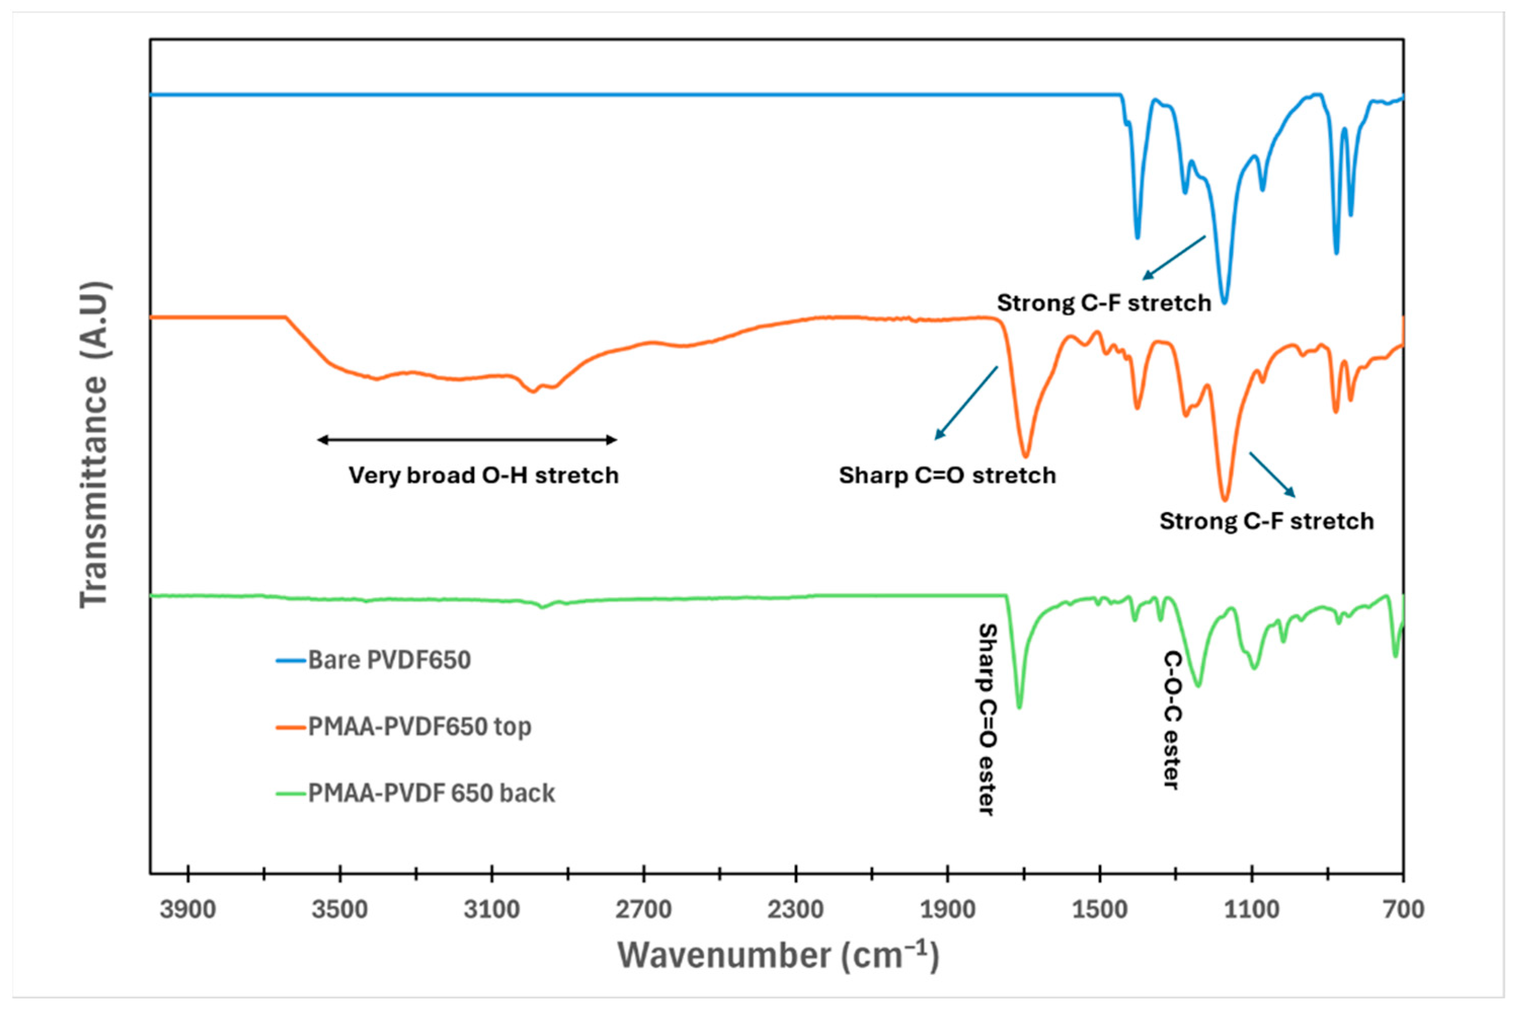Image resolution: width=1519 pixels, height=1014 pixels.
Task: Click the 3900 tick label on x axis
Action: [x=188, y=910]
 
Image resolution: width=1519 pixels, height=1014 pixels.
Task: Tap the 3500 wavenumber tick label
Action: [x=340, y=910]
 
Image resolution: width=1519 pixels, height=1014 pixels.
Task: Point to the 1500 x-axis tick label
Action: [x=1099, y=910]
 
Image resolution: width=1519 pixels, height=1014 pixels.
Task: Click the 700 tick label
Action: [x=1403, y=910]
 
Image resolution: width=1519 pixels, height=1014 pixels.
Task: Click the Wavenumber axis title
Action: [x=778, y=956]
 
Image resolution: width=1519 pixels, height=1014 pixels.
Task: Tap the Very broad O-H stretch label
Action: [x=483, y=475]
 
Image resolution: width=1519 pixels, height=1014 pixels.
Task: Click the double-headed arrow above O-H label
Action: [x=467, y=440]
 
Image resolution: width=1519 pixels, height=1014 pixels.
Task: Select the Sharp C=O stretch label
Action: [x=947, y=475]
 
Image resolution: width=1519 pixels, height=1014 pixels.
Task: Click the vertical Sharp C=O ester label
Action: [x=986, y=719]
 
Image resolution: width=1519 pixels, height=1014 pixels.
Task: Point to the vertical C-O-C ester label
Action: [x=1172, y=720]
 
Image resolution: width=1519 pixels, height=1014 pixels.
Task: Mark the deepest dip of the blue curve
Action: [x=1223, y=302]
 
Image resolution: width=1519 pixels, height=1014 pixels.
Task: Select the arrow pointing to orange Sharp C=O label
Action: [x=967, y=403]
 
